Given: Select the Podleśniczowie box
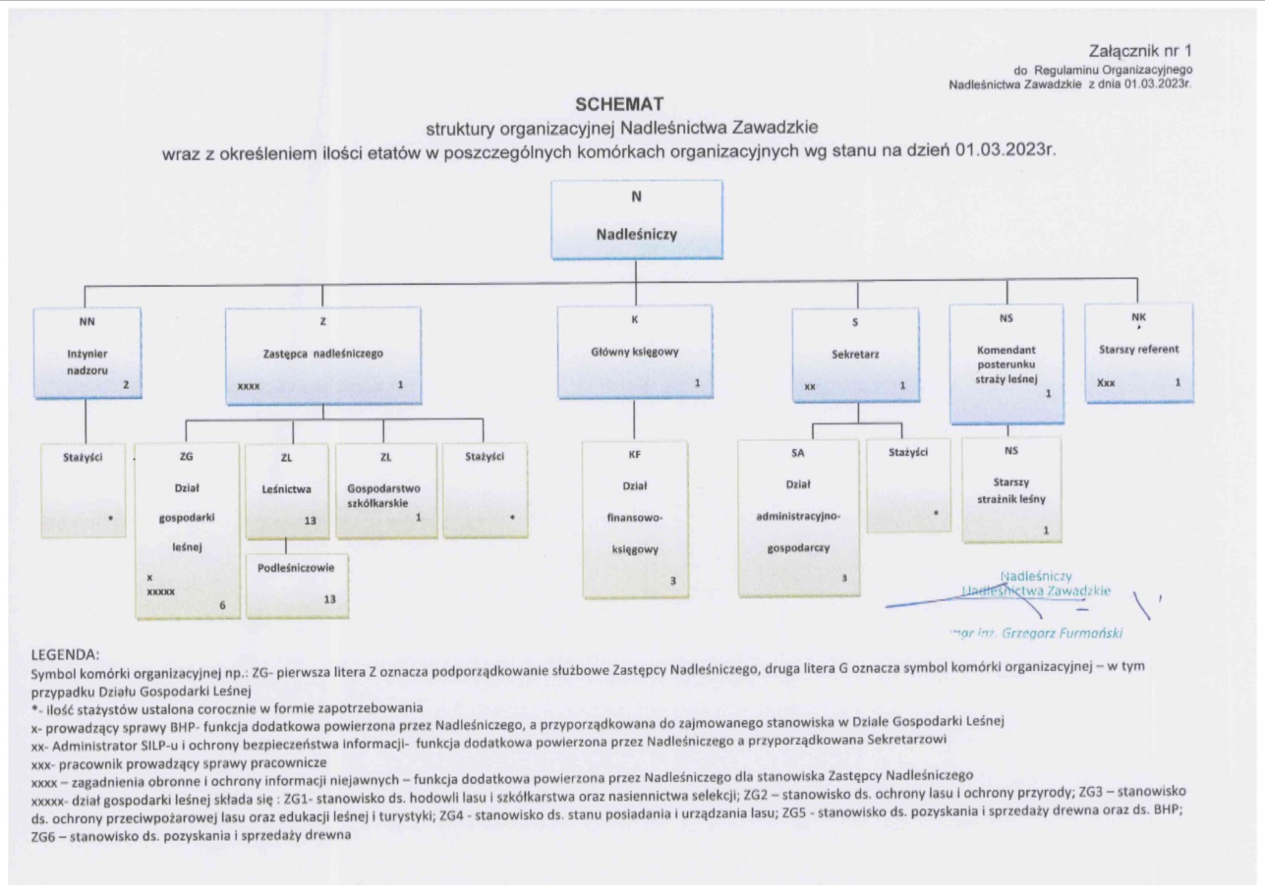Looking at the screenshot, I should (x=296, y=585).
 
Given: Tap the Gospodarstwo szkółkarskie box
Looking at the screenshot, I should (x=386, y=490).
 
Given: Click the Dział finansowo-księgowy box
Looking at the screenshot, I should (x=634, y=519).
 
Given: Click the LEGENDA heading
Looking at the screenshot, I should (x=66, y=651).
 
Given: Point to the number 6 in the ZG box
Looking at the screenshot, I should (x=222, y=606).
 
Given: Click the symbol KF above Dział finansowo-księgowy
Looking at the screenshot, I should (x=634, y=454).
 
